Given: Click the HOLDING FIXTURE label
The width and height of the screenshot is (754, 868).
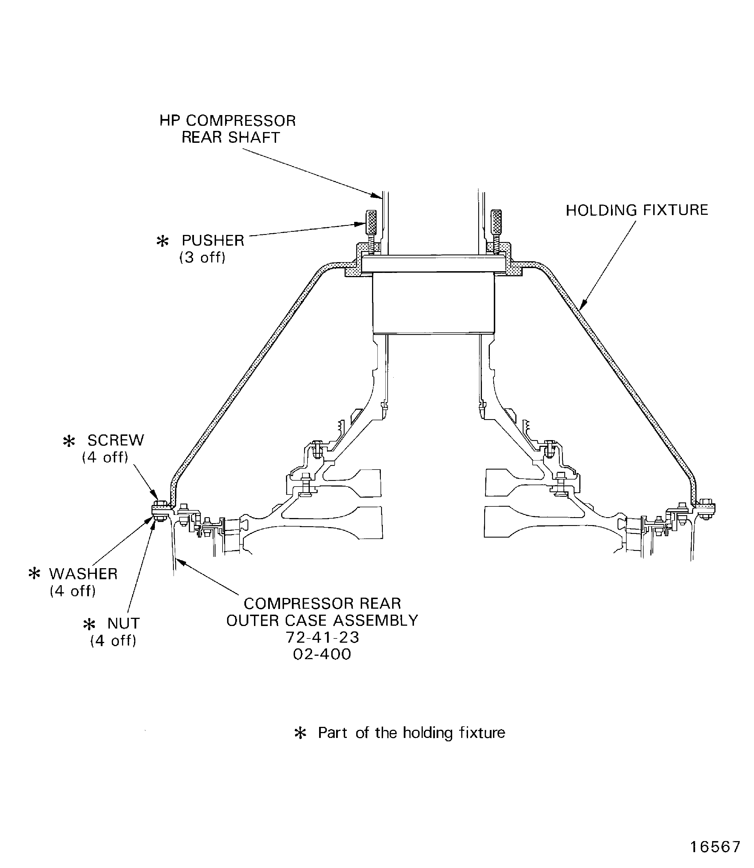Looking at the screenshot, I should click(636, 210).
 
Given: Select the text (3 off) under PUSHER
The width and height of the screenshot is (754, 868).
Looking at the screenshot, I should click(202, 257).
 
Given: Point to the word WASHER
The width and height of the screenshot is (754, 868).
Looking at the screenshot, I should click(83, 574).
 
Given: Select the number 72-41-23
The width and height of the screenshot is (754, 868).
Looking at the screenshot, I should click(322, 637).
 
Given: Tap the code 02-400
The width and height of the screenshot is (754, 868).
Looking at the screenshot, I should click(322, 654).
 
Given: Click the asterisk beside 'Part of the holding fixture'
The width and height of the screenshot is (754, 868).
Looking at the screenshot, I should click(300, 733).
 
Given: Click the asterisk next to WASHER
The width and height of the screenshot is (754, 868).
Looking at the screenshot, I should click(34, 574).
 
